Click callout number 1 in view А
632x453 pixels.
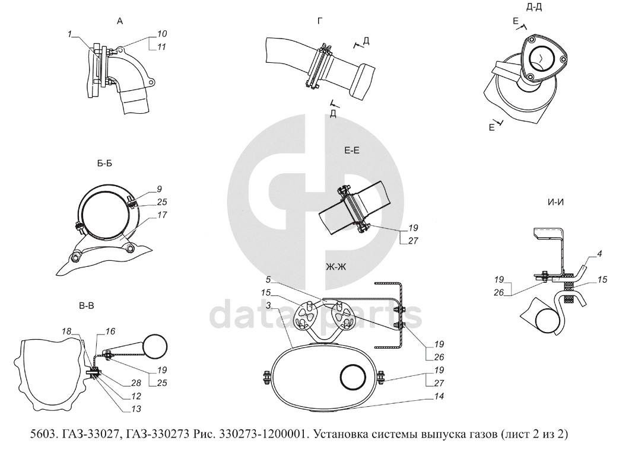point(69,36)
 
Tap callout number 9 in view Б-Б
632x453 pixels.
point(160,190)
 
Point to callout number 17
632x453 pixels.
point(163,216)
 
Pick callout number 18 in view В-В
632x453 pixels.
point(66,331)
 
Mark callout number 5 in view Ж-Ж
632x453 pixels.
point(268,278)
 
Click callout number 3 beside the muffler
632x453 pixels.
point(268,304)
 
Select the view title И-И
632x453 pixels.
point(555,202)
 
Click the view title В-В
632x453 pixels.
point(87,306)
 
